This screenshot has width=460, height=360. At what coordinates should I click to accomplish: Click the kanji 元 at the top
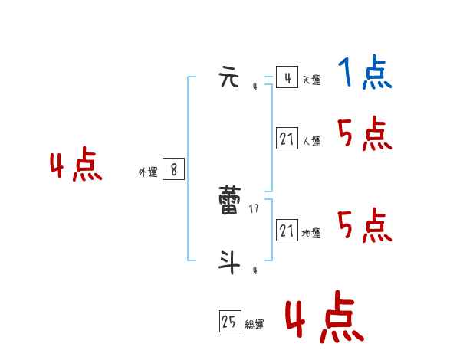(x=229, y=78)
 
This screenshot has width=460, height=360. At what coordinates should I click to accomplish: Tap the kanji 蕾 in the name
(x=229, y=201)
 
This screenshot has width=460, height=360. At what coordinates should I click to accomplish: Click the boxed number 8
(x=173, y=170)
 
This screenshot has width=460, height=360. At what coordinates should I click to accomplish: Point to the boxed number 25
(x=229, y=322)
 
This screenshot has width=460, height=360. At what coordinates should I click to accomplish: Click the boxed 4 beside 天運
(x=287, y=77)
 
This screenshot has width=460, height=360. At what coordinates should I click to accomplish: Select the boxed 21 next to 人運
(x=287, y=139)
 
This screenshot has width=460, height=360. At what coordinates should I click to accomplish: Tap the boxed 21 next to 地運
(x=287, y=231)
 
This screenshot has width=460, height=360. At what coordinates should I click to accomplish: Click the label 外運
(x=148, y=172)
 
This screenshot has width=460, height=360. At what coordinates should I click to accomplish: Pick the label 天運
(x=311, y=80)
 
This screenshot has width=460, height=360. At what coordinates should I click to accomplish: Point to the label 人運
(x=311, y=142)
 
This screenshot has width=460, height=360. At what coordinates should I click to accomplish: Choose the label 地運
(x=311, y=234)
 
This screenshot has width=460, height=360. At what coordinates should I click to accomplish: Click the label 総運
(x=255, y=325)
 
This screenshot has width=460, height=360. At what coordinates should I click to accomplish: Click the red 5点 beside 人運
(x=365, y=135)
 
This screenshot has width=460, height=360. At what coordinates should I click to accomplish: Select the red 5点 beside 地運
(x=365, y=226)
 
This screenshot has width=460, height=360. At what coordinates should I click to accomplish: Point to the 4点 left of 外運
(x=76, y=166)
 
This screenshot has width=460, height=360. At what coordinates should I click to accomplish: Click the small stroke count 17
(x=254, y=208)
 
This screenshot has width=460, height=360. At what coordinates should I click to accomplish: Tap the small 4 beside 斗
(x=255, y=270)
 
